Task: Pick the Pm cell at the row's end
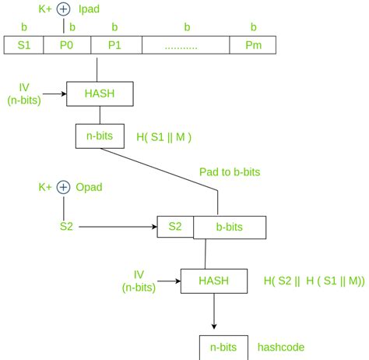(x=253, y=45)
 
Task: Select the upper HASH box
(x=100, y=94)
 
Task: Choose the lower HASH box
(x=213, y=281)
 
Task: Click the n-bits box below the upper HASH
(x=99, y=136)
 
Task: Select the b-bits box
(x=230, y=228)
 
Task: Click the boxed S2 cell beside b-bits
(x=175, y=228)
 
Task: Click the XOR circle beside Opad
(x=64, y=187)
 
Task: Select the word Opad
(x=91, y=187)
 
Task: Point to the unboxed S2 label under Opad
(x=66, y=227)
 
